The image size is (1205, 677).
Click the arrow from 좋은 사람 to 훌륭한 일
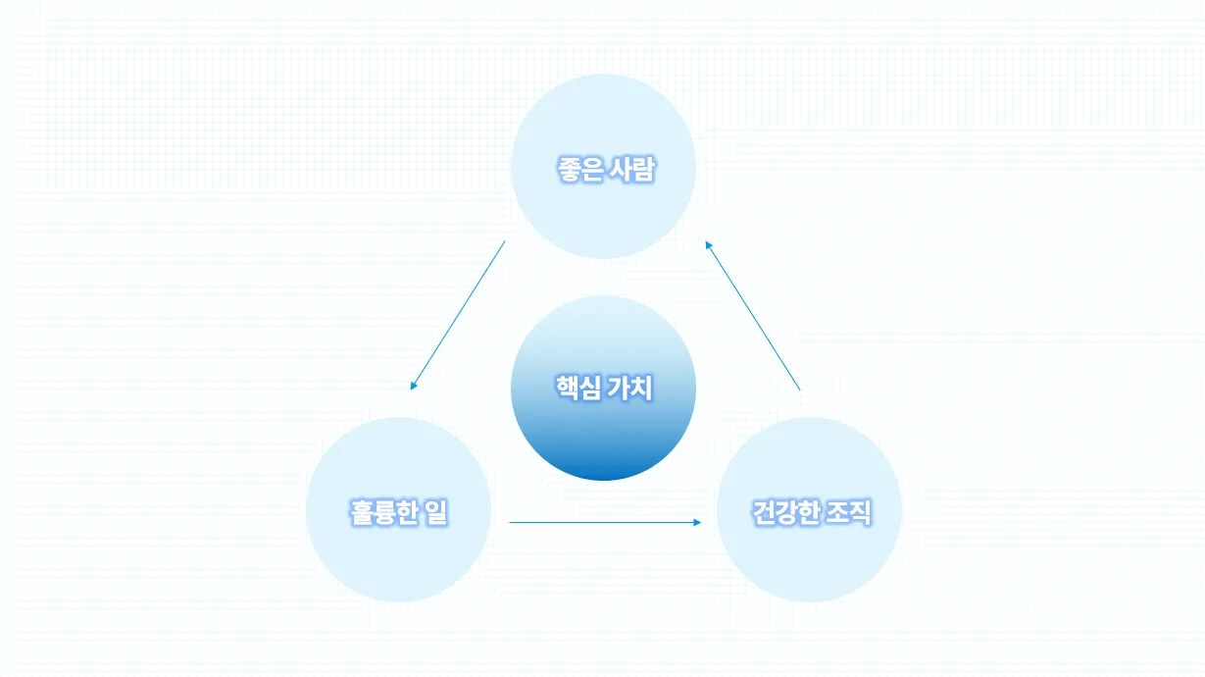pyautogui.click(x=458, y=315)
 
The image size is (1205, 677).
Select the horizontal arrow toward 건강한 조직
pyautogui.click(x=605, y=523)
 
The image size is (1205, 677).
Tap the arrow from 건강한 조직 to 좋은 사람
pyautogui.click(x=752, y=315)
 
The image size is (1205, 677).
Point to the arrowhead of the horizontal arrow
pyautogui.click(x=697, y=523)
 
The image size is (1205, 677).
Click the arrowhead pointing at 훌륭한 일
pyautogui.click(x=414, y=386)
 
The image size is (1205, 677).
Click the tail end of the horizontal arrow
pyautogui.click(x=511, y=523)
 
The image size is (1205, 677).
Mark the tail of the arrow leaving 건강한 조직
pyautogui.click(x=799, y=390)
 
